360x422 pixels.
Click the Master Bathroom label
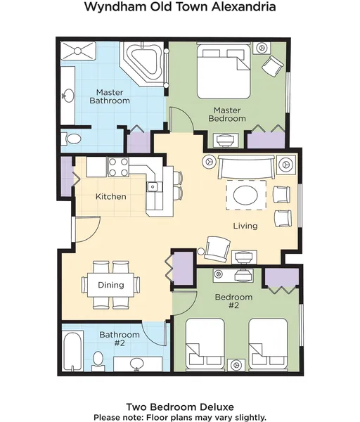click(x=110, y=96)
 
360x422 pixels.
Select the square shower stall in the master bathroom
click(x=78, y=51)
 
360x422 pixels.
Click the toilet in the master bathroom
click(x=71, y=139)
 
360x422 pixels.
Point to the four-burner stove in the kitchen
click(x=118, y=167)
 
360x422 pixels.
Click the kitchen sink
click(x=153, y=187)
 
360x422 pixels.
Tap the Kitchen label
click(x=111, y=196)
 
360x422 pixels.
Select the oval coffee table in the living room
click(x=246, y=195)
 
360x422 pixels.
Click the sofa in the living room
click(x=247, y=166)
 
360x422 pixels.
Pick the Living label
click(x=245, y=226)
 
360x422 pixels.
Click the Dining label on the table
click(x=111, y=285)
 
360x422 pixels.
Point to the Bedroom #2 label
click(x=234, y=301)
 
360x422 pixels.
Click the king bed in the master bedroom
click(x=224, y=72)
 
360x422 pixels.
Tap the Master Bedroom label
click(x=227, y=114)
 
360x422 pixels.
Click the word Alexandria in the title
click(x=243, y=7)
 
